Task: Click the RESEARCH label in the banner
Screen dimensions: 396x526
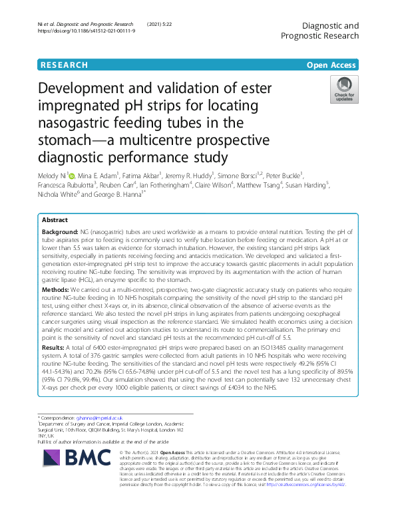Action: [x=64, y=65]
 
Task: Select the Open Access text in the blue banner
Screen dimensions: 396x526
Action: [x=331, y=65]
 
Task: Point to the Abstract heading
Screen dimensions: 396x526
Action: [x=55, y=219]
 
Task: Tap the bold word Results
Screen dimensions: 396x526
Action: [x=55, y=347]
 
